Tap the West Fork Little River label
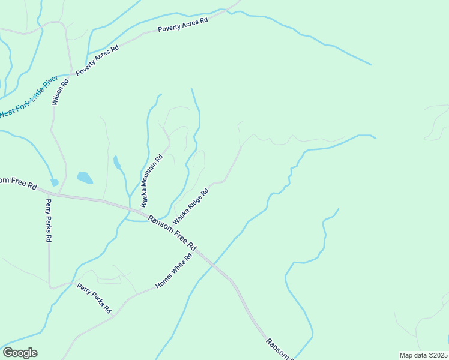28,97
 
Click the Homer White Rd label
173,271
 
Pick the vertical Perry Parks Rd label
49,220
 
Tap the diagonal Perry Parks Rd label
95,299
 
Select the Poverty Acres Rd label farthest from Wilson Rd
182,25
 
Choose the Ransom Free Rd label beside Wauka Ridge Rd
173,233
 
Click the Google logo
20,353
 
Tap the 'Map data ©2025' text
424,355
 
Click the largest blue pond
85,178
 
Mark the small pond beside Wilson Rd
55,182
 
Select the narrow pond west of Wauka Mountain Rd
116,162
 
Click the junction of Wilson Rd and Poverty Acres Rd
72,74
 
